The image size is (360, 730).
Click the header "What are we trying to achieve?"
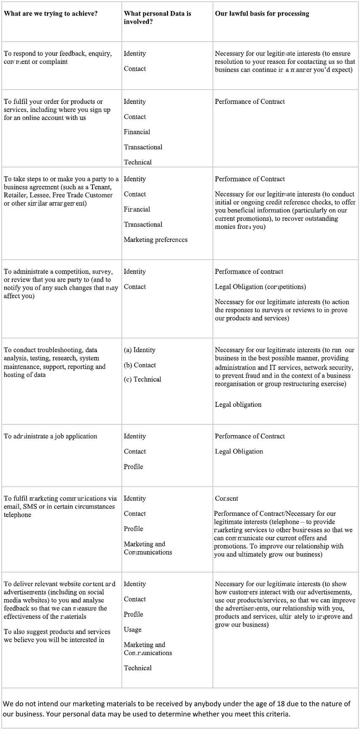50,13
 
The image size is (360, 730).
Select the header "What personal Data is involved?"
157,17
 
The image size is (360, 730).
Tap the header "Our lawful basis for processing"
262,13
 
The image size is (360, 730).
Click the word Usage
132,629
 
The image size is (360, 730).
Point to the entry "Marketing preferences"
156,239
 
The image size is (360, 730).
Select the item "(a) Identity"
140,350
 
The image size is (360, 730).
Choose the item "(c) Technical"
143,379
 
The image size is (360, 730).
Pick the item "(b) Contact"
140,365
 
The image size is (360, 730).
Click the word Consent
226,498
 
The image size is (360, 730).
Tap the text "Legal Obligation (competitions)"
260,287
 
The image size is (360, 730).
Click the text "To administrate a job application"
50,436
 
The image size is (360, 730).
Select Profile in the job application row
133,467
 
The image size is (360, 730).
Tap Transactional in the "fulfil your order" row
143,147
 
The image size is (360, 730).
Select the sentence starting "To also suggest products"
57,636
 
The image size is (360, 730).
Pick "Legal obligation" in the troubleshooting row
238,404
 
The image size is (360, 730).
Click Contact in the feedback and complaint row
135,69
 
